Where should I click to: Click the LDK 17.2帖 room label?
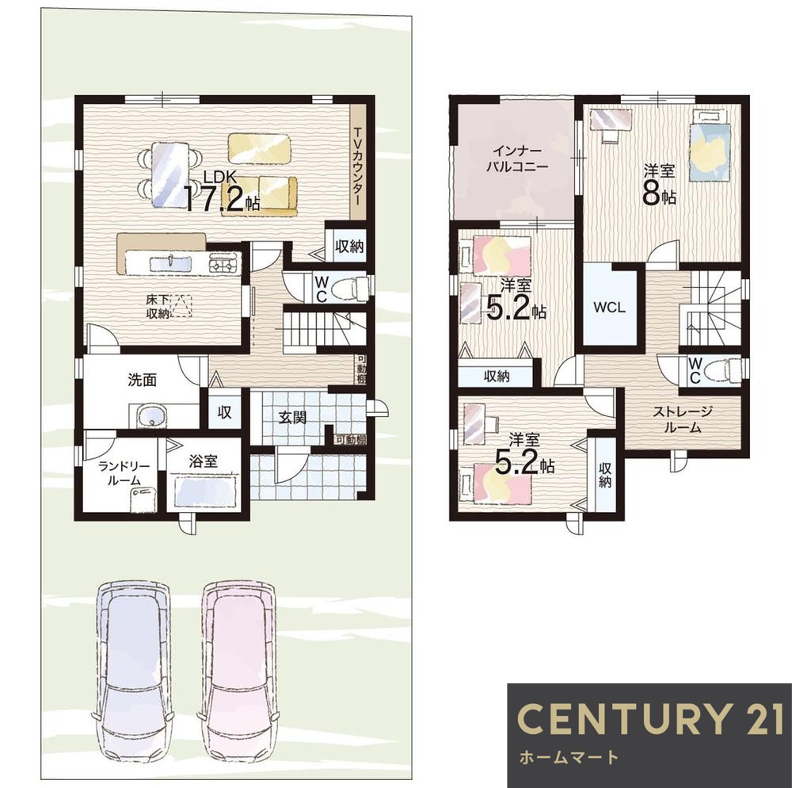(222, 191)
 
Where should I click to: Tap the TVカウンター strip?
(358, 163)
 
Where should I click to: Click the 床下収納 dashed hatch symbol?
(181, 305)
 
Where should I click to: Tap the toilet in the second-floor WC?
(723, 369)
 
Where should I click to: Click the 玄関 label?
(292, 418)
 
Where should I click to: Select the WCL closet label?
(609, 307)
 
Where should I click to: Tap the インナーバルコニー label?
(516, 159)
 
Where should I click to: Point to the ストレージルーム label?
(683, 419)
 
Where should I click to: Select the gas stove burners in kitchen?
(224, 263)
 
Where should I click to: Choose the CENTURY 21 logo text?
(649, 718)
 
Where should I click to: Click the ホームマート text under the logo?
(568, 757)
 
